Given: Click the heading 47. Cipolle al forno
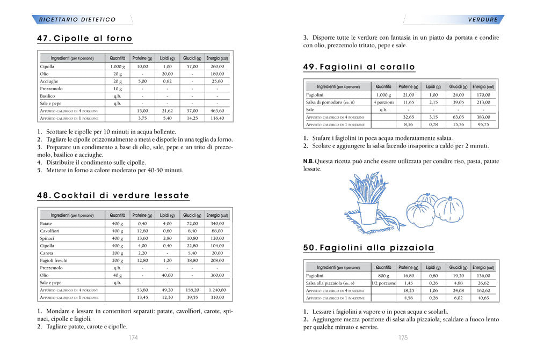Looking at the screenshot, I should [x=84, y=39].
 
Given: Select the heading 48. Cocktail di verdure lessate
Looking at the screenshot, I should [x=113, y=195].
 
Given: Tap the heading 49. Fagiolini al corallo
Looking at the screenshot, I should [x=359, y=67].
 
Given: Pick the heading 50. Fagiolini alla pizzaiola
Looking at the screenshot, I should [x=368, y=248].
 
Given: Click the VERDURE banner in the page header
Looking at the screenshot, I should [x=483, y=19].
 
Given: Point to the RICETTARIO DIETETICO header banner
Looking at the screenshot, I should [x=77, y=19].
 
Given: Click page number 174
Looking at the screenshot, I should [x=133, y=338].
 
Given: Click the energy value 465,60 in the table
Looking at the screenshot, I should [x=217, y=111].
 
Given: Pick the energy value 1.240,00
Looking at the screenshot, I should [x=217, y=290].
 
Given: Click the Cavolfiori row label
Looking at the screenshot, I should [x=50, y=231].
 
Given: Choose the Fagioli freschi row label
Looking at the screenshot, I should [x=54, y=260].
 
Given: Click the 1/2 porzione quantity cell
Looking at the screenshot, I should [x=383, y=283].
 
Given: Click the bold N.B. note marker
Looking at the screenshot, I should [x=308, y=161].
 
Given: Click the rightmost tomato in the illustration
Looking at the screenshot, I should [x=448, y=209].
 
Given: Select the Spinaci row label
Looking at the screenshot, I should [x=47, y=238].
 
